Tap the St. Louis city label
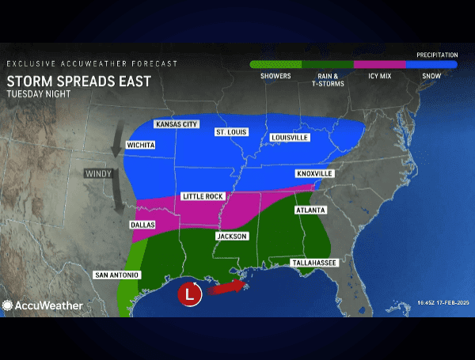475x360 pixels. click(230, 132)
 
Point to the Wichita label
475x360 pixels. click(140, 146)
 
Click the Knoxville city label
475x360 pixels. click(314, 173)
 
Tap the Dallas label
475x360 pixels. click(142, 225)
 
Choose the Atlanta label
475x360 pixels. click(310, 210)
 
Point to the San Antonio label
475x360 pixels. click(117, 275)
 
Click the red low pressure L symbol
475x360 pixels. click(188, 293)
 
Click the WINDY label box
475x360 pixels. click(100, 172)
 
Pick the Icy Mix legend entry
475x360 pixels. click(379, 70)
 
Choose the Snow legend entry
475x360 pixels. click(431, 70)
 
